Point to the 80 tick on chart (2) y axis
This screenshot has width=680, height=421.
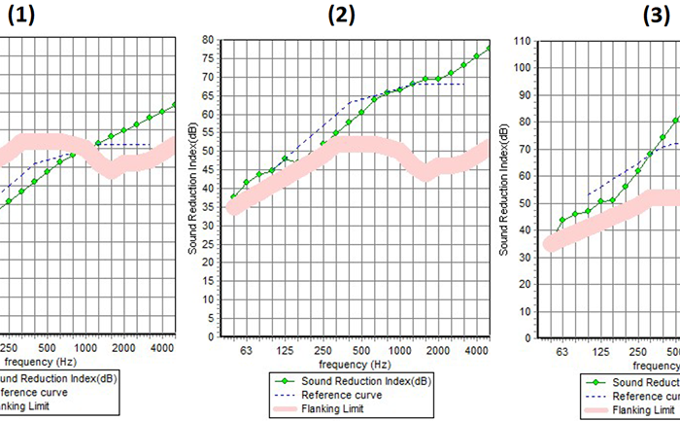pos(207,40)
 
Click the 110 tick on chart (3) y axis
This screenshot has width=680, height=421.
pos(524,42)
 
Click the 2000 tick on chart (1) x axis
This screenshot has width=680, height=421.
pos(122,347)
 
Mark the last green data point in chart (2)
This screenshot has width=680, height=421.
pos(489,49)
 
